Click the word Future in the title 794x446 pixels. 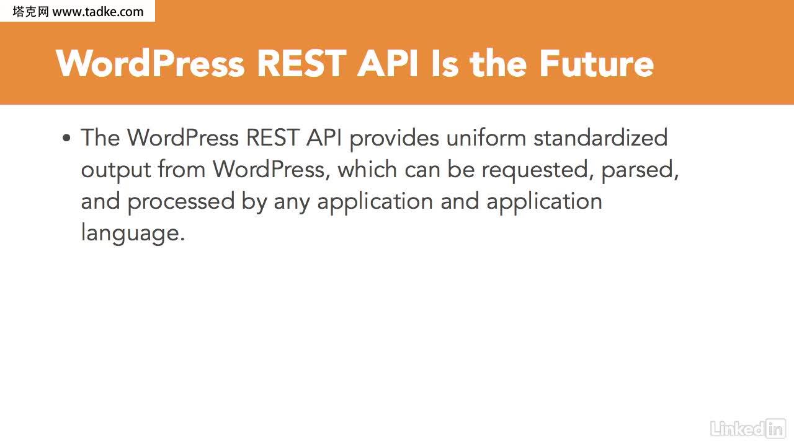tap(597, 64)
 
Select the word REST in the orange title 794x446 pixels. tap(301, 64)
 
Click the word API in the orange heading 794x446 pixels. tap(388, 64)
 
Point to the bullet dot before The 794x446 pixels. tap(66, 138)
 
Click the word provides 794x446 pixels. tap(394, 138)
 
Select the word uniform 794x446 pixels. tap(486, 138)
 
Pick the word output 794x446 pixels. tap(116, 170)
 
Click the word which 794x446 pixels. tap(367, 169)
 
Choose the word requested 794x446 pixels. tap(538, 170)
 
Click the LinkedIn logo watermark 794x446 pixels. tap(748, 429)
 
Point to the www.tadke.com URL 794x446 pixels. tap(98, 12)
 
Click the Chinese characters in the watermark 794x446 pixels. tap(30, 12)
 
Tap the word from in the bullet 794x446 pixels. tap(182, 169)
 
